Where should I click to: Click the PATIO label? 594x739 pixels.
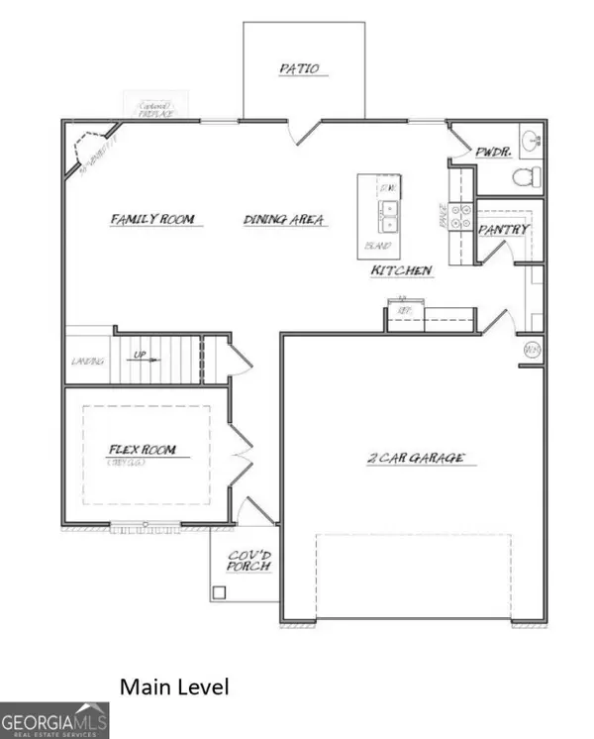pyautogui.click(x=298, y=69)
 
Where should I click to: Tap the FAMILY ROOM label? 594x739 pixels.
pyautogui.click(x=152, y=219)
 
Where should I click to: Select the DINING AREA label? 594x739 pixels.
pyautogui.click(x=284, y=220)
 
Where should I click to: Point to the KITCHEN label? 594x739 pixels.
pyautogui.click(x=401, y=270)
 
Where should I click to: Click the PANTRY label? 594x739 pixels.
pyautogui.click(x=504, y=230)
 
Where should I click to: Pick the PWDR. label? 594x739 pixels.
pyautogui.click(x=492, y=154)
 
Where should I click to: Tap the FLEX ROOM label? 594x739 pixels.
pyautogui.click(x=142, y=452)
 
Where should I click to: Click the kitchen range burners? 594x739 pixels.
pyautogui.click(x=460, y=217)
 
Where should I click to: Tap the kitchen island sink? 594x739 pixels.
pyautogui.click(x=388, y=210)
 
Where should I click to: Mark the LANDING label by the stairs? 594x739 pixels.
pyautogui.click(x=87, y=362)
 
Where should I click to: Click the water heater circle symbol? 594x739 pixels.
pyautogui.click(x=530, y=350)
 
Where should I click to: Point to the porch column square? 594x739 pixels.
pyautogui.click(x=219, y=592)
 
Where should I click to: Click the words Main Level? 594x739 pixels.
pyautogui.click(x=174, y=686)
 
